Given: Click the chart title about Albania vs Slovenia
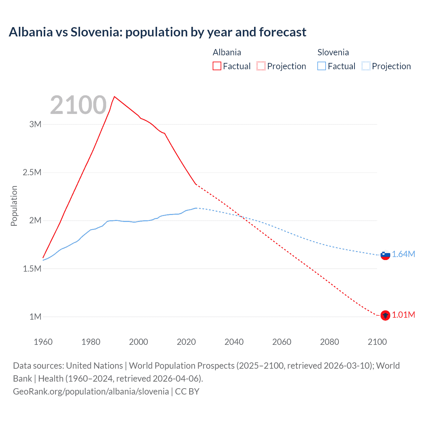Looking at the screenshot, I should click(157, 32).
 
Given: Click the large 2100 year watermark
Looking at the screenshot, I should click(78, 105).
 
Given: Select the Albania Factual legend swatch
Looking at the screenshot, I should click(217, 66).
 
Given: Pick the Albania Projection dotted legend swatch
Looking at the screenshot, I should click(261, 66).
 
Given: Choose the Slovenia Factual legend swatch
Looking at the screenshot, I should click(321, 66).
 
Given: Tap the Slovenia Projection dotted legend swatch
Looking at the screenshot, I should click(366, 66).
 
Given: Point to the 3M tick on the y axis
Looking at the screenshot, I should click(35, 125).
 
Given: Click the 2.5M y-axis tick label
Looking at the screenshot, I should click(32, 173).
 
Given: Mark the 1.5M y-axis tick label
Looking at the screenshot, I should click(32, 269).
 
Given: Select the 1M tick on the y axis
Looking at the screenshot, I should click(35, 317).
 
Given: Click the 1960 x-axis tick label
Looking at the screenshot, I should click(43, 342).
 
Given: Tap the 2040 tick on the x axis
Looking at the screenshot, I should click(234, 342).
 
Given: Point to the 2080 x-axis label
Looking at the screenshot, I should click(329, 342).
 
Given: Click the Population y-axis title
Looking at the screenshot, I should click(14, 206).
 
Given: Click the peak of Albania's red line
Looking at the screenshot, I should click(114, 97).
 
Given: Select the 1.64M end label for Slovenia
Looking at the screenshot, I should click(403, 254).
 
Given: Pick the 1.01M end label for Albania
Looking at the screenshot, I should click(403, 315).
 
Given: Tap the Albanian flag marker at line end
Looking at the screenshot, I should click(385, 315).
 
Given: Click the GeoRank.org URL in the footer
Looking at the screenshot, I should click(91, 391).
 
